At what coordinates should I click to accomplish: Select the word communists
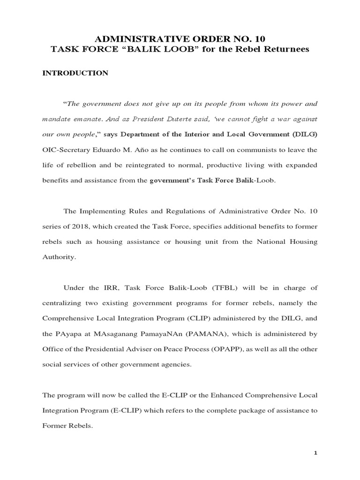254,150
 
